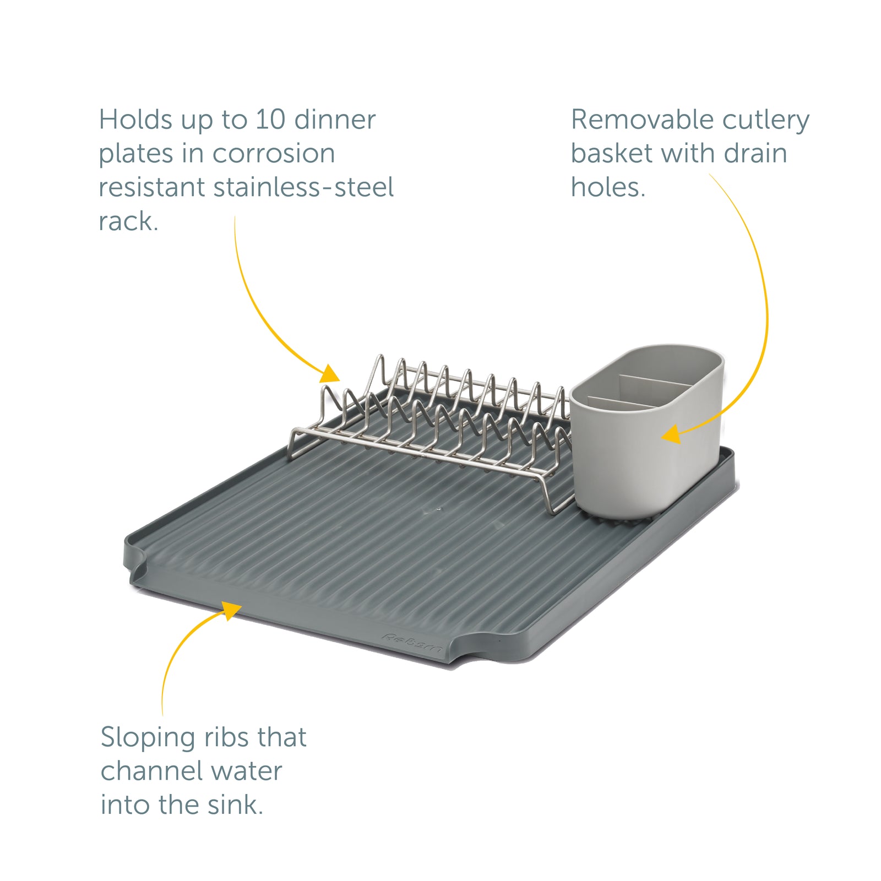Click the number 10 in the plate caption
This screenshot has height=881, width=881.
[x=270, y=120]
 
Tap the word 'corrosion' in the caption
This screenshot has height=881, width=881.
[x=274, y=154]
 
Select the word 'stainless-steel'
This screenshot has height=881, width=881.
[x=303, y=188]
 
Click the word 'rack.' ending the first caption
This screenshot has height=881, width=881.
[x=128, y=221]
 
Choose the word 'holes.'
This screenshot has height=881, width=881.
[x=608, y=188]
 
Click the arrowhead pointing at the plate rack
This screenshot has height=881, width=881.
[x=331, y=374]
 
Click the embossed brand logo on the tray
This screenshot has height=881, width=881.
[x=412, y=643]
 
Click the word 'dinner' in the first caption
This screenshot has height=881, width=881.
[x=335, y=120]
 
